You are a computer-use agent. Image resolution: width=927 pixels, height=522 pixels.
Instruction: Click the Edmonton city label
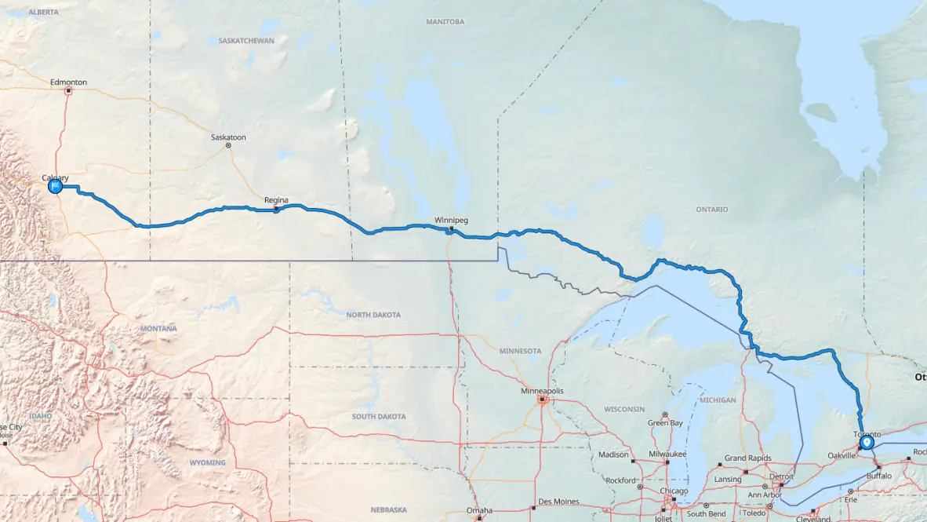68,82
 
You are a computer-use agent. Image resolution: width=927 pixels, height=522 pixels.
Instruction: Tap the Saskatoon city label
228,137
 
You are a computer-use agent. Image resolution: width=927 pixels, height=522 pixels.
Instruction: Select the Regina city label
276,200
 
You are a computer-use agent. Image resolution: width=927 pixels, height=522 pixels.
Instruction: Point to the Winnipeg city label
451,221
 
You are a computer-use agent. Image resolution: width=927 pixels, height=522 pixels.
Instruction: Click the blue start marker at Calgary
55,187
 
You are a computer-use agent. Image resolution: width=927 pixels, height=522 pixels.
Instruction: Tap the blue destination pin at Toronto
866,443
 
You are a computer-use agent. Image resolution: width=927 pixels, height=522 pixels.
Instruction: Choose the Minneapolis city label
543,391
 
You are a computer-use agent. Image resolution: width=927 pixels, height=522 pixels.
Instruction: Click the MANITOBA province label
445,22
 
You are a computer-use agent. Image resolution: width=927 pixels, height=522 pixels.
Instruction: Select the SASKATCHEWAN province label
246,40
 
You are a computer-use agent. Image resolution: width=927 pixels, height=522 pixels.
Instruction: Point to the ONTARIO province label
711,210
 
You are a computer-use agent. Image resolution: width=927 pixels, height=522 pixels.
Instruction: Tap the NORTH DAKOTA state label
373,315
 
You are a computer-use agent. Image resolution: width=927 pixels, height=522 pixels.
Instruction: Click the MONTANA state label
158,328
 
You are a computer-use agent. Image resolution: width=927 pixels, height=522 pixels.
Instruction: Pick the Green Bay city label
664,423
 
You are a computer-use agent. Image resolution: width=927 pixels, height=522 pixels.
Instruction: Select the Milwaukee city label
667,454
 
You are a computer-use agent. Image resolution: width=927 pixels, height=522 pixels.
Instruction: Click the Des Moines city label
558,502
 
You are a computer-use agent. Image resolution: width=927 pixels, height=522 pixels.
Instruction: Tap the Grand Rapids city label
746,458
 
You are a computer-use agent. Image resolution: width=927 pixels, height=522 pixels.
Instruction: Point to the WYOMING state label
207,463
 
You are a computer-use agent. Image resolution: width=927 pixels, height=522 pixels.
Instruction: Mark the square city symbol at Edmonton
68,91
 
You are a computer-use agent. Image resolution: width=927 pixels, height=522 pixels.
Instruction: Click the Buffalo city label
878,476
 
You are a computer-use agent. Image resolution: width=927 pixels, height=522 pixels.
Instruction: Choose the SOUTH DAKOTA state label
379,416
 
